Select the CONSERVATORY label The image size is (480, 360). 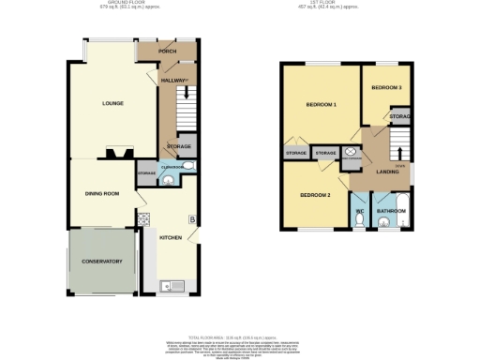tap(100, 261)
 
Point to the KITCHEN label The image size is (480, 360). tap(170, 237)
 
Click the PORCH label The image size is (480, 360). tap(168, 52)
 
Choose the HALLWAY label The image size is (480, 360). tap(172, 80)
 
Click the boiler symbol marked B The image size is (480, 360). tap(191, 220)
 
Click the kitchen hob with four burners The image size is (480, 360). tap(143, 217)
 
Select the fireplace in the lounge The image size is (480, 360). tap(116, 154)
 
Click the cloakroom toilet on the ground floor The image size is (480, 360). tap(187, 168)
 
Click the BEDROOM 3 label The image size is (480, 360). tap(385, 87)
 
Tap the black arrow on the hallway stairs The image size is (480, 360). tap(187, 92)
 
